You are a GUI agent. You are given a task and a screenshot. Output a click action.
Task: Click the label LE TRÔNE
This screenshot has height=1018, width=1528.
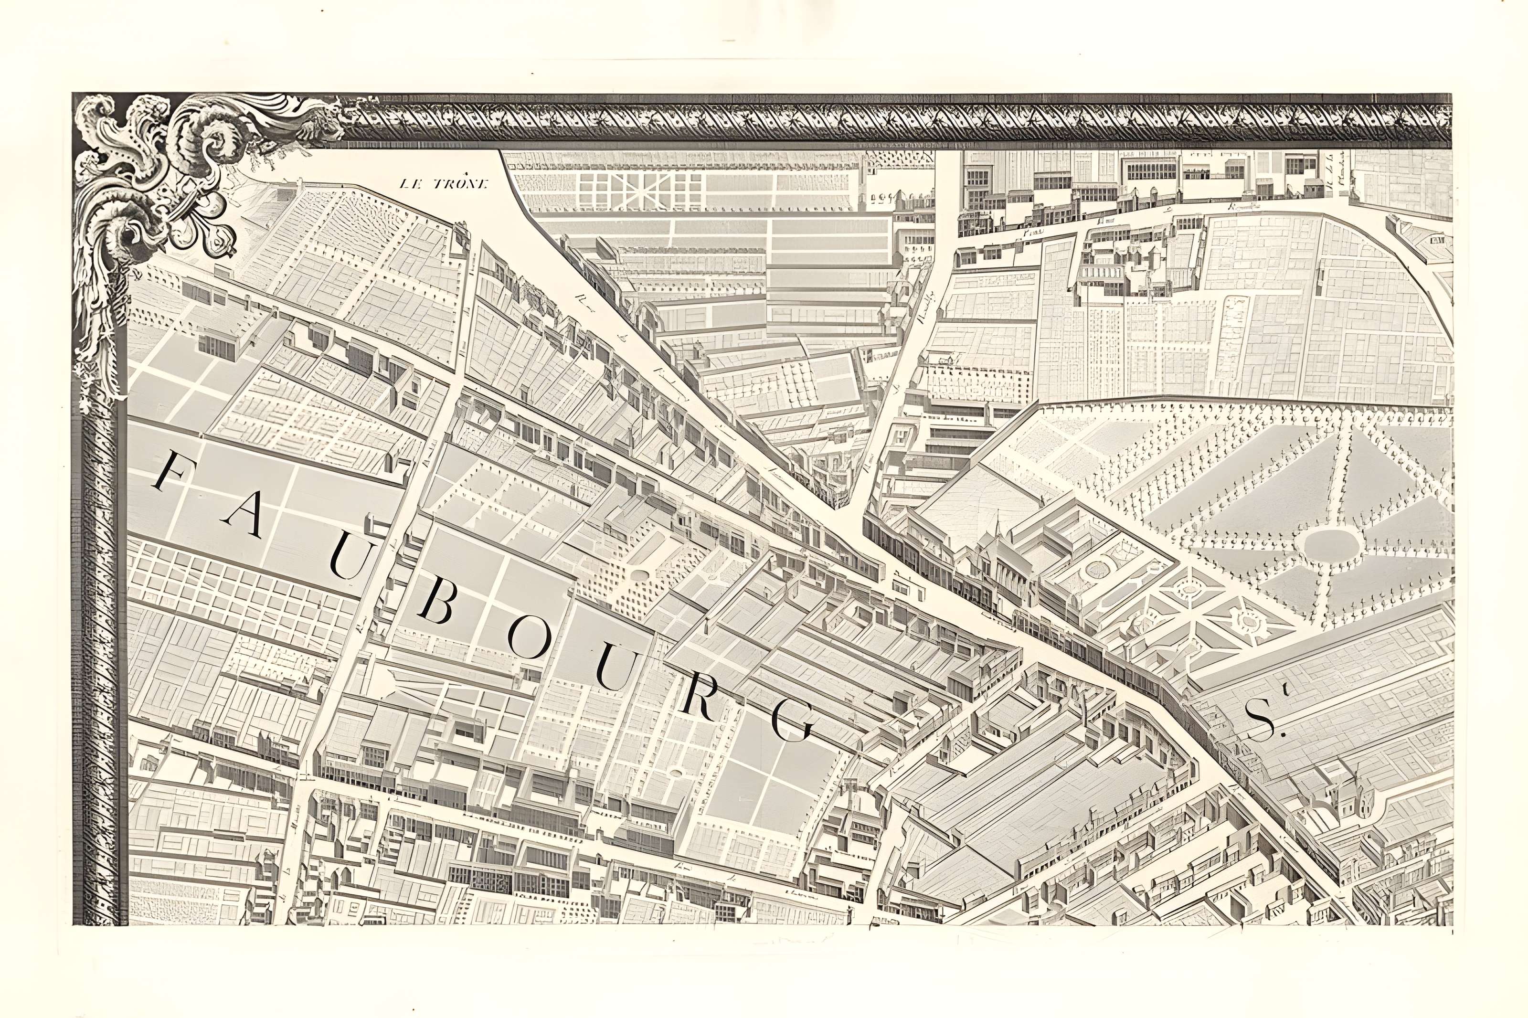(443, 184)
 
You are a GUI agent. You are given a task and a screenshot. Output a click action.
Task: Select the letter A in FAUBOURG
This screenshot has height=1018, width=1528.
(237, 518)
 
